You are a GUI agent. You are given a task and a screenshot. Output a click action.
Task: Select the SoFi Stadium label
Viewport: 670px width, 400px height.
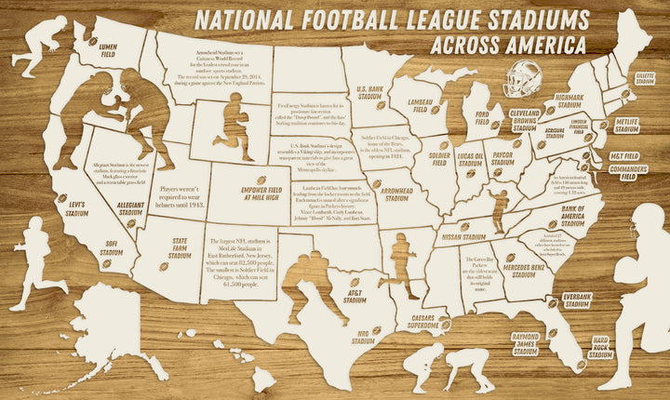(111, 248)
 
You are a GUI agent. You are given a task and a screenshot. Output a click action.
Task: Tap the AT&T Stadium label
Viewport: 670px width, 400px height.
(355, 296)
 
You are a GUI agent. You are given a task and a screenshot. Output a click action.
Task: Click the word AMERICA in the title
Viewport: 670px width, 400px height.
(543, 45)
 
